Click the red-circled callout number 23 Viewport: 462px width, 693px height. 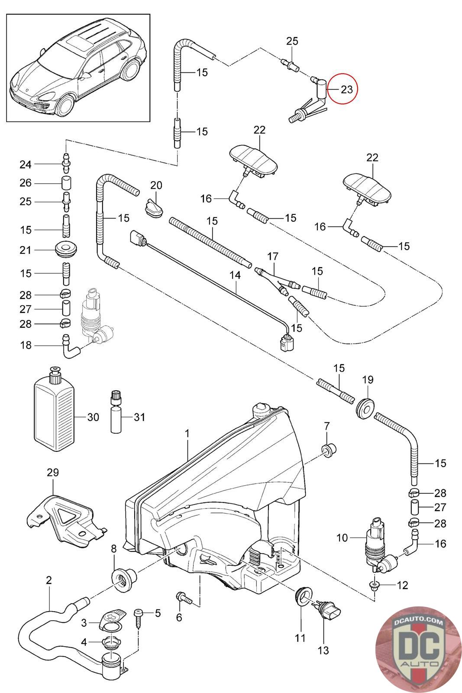point(347,90)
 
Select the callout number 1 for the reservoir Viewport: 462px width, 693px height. point(187,433)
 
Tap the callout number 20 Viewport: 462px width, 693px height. point(156,185)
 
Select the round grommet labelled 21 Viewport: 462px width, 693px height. point(66,250)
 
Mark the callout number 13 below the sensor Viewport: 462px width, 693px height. point(323,650)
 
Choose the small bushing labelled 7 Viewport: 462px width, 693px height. point(330,451)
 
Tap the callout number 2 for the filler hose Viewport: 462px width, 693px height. point(49,580)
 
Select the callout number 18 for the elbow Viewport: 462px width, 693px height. point(26,345)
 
